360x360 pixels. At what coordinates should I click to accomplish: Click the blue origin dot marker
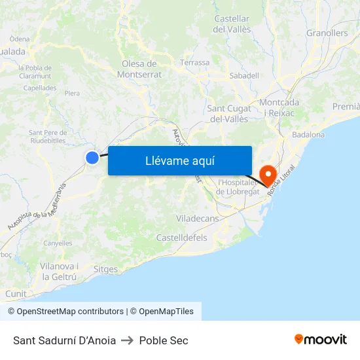point(92,157)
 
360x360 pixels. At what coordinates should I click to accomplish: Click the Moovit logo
point(320,340)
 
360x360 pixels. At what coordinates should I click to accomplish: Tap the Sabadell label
point(244,76)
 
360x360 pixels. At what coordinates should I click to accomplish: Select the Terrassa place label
point(195,63)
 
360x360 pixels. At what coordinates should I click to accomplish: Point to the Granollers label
point(327,33)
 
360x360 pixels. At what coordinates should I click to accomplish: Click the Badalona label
point(308,135)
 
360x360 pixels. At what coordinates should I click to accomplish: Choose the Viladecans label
point(196,219)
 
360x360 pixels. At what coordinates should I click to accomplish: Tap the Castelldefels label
point(181,238)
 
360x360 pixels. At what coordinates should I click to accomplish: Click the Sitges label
point(106,270)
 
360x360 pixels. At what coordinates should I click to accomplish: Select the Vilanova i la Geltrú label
point(59,272)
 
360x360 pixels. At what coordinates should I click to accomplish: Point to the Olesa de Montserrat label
point(139,69)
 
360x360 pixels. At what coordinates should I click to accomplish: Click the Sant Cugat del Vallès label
point(228,113)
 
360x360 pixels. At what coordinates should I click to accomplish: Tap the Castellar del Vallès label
point(232,24)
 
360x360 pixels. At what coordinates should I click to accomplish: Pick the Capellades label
point(40,88)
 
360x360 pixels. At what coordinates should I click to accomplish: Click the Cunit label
point(16,295)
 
